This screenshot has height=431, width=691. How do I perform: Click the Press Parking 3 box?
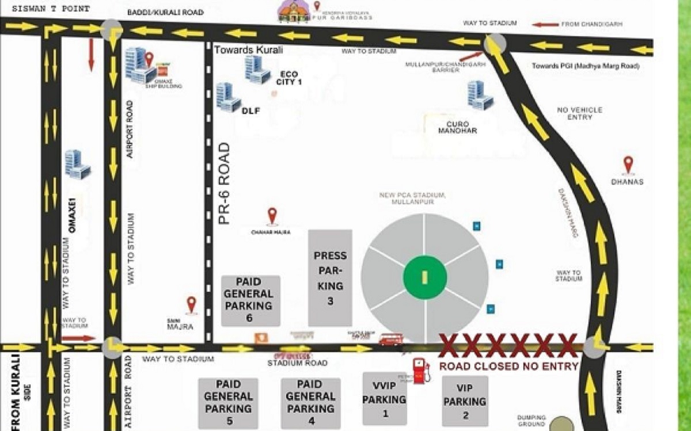330,278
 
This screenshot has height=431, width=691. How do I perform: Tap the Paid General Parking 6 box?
251,301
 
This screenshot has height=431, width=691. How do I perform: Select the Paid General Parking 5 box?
228,403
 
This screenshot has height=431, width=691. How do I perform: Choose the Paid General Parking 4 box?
310,403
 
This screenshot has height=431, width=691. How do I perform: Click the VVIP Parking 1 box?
385,399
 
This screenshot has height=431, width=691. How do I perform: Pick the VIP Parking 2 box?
465,401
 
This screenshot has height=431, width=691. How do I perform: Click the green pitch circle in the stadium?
424,277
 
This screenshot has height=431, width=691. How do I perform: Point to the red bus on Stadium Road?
391,340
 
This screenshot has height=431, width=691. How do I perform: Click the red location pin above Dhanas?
628,165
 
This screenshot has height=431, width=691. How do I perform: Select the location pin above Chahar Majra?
272,216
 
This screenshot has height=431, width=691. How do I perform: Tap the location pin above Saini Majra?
191,304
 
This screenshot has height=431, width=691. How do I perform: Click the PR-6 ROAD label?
224,184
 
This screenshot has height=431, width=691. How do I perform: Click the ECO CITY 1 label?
290,78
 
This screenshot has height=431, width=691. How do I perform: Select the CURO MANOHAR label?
458,127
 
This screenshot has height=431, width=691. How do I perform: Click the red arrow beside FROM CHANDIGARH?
545,25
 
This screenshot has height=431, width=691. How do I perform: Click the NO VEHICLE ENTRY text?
579,113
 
